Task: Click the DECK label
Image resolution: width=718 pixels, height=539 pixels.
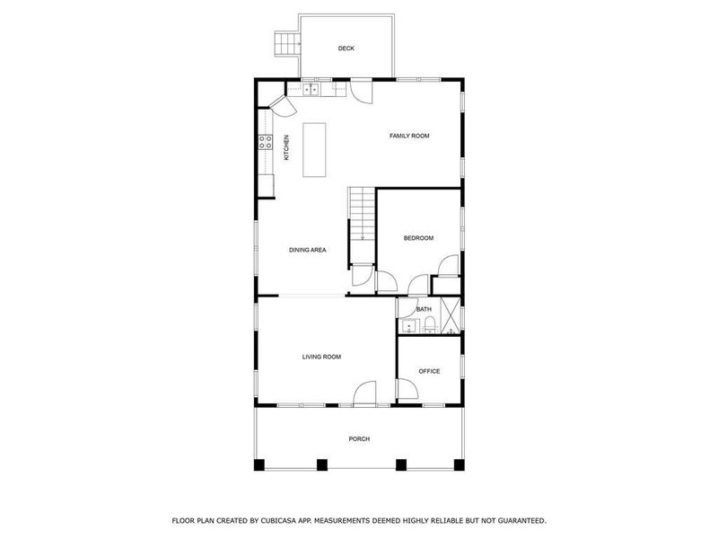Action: (x=346, y=48)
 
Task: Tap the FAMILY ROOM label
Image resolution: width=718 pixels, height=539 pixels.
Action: (x=409, y=136)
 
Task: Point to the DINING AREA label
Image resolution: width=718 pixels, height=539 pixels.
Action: (x=307, y=250)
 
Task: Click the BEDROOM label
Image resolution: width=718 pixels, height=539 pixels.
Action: (x=418, y=238)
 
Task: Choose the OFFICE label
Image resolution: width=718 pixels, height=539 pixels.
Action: (x=429, y=370)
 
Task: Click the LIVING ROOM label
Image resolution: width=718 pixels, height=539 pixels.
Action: (x=321, y=357)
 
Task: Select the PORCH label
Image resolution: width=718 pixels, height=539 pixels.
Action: (x=359, y=438)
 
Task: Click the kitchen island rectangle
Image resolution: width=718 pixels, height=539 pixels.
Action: (x=313, y=150)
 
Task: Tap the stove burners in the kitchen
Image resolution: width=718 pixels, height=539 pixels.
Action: (x=266, y=141)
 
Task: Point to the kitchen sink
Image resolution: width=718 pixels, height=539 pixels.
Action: (x=311, y=89)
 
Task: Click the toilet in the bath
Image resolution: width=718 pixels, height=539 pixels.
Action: (x=429, y=323)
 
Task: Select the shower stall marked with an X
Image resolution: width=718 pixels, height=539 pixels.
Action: (x=451, y=314)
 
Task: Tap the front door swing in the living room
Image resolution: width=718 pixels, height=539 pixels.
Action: (x=365, y=393)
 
